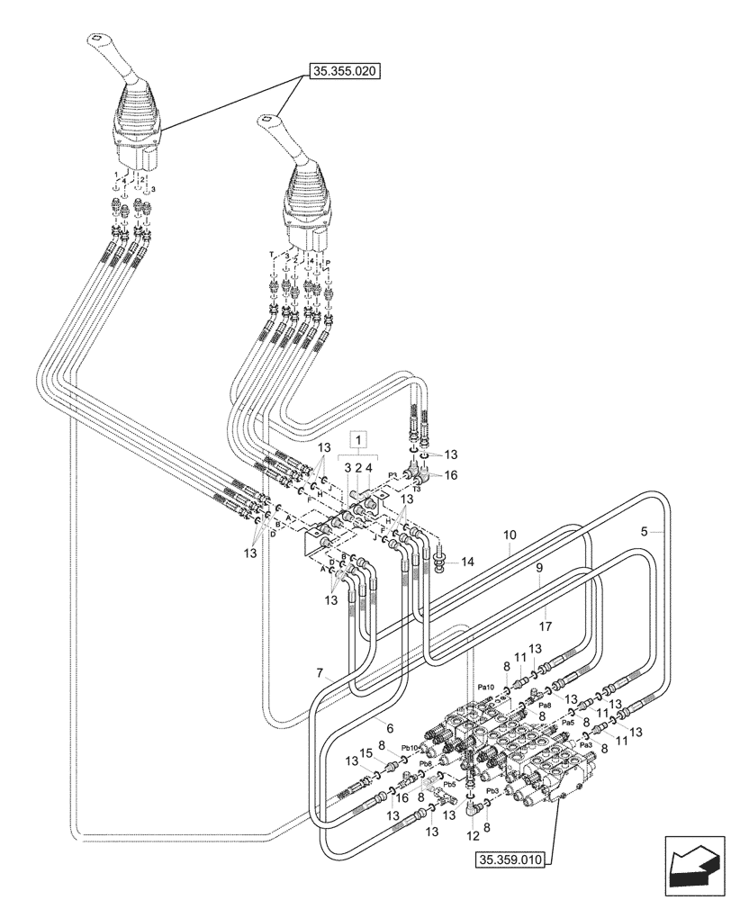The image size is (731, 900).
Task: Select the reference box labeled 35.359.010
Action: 510,860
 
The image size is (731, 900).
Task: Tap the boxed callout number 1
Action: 360,439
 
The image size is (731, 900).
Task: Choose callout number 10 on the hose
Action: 510,535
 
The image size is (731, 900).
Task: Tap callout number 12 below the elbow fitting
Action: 474,835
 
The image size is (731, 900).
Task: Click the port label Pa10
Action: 486,686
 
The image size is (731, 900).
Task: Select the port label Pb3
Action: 492,792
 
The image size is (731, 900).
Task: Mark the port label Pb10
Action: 411,748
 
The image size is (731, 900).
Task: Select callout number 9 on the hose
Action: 539,569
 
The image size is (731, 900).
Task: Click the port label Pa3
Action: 585,744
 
